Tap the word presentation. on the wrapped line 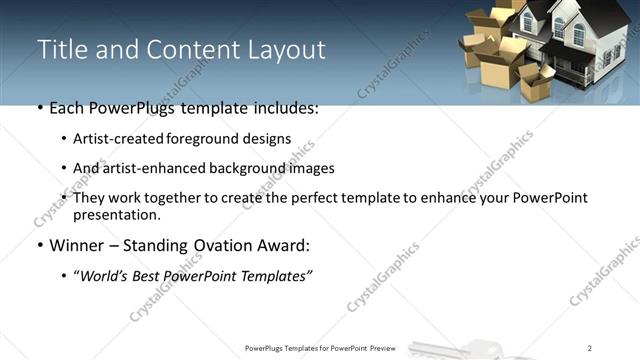coord(116,215)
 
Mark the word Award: coord(291,245)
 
